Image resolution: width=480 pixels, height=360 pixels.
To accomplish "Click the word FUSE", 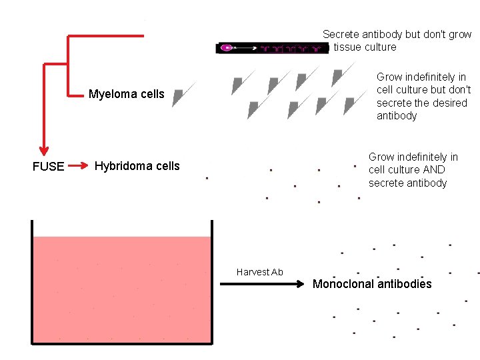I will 49,167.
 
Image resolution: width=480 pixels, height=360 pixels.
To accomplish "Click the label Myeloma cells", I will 126,94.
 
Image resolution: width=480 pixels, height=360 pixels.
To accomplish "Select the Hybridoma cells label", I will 137,166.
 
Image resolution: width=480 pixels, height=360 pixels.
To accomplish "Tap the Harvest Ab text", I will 259,272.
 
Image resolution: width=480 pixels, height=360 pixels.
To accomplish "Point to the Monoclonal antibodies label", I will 372,284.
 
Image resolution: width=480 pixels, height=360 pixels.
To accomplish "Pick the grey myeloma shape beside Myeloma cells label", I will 178,97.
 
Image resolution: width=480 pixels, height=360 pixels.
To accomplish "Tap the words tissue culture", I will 365,47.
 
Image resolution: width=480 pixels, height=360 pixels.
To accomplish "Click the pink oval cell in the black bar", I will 227,48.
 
